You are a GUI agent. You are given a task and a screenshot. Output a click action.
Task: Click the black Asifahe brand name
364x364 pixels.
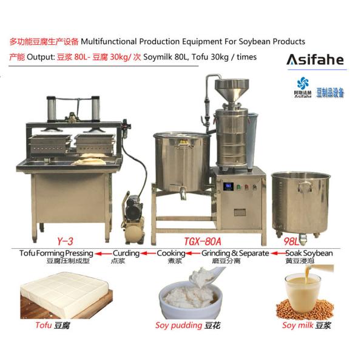pos(315,59)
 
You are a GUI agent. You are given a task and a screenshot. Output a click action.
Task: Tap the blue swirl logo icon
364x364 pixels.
pos(303,83)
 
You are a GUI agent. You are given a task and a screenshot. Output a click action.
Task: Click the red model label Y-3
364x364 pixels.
pos(66,241)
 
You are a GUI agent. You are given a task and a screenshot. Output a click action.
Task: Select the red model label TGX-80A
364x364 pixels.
pos(203,241)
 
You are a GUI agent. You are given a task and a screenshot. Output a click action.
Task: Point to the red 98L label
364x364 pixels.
pos(291,241)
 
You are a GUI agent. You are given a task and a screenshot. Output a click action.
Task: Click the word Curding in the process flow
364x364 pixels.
pos(126,253)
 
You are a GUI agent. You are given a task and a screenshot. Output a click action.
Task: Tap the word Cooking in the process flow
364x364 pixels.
pos(171,253)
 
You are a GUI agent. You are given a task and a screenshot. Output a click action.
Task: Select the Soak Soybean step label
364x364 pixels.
pos(309,253)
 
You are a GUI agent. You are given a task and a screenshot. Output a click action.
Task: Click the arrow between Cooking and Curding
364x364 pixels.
pos(148,253)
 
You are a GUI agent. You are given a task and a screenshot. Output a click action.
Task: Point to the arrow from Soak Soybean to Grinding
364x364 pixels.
pos(278,253)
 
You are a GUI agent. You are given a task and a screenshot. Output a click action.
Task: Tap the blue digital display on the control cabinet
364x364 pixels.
pos(228,186)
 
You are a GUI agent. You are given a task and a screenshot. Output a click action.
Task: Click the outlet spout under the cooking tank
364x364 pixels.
pos(183,193)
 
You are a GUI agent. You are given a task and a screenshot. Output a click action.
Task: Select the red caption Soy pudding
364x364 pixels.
pos(178,325)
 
